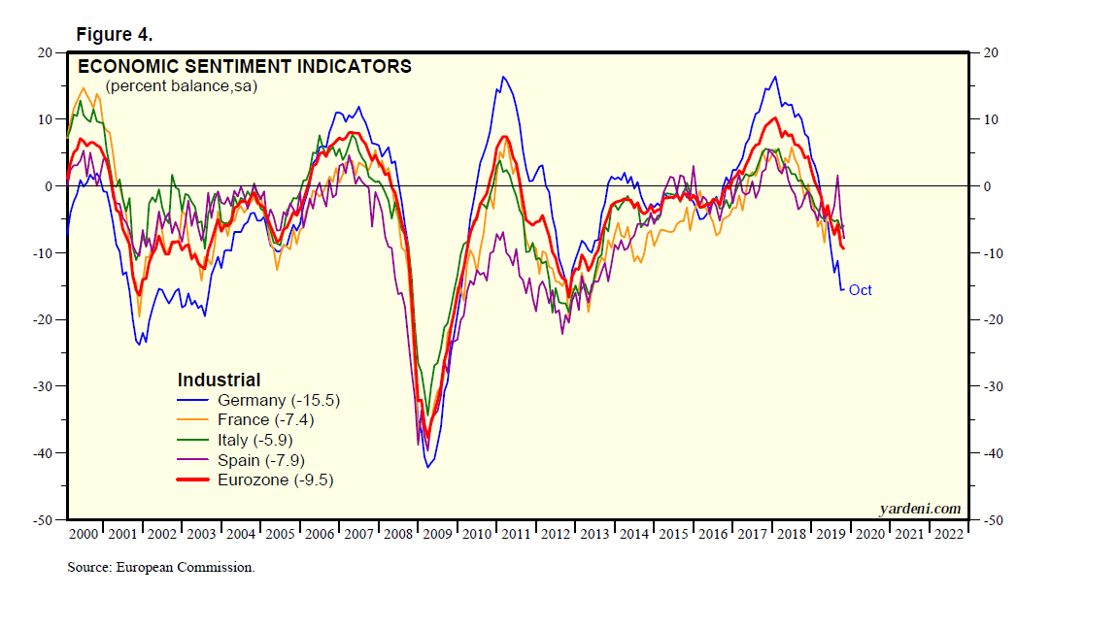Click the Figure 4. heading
pos(114,34)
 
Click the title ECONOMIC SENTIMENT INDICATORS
pos(244,67)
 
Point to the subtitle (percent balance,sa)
pos(181,85)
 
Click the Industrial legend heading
pos(219,380)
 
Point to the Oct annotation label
pos(861,290)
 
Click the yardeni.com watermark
pos(919,508)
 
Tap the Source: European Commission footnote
pos(160,567)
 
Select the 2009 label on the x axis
pos(436,533)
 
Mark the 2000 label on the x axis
pos(85,533)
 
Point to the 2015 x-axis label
pos(673,533)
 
